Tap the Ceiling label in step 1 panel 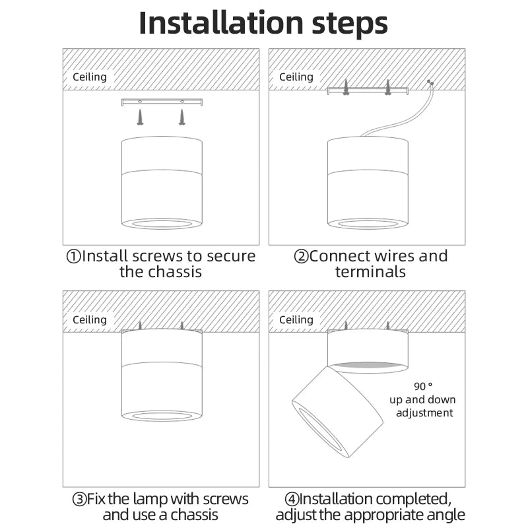(x=89, y=77)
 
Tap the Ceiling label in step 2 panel (x=296, y=77)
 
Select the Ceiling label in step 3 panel (x=89, y=319)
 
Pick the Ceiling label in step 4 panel (x=296, y=319)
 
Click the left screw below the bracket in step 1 (x=140, y=117)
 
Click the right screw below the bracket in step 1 (x=181, y=117)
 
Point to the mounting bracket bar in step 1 (x=162, y=102)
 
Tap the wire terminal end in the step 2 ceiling (x=430, y=83)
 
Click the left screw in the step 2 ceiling (x=345, y=86)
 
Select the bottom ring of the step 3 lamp (x=162, y=415)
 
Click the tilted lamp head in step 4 (x=337, y=411)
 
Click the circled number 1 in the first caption (x=73, y=257)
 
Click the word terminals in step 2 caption (x=370, y=271)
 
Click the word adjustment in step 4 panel (x=425, y=412)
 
